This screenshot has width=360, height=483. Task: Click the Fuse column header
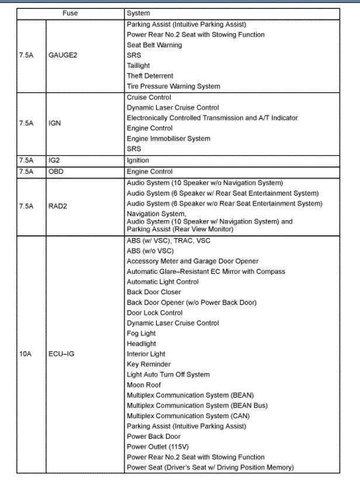pos(70,13)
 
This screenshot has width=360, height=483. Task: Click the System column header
pos(139,13)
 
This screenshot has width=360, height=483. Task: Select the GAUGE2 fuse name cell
pos(63,55)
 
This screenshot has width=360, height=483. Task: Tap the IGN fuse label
pos(56,123)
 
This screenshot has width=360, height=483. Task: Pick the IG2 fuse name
pos(54,159)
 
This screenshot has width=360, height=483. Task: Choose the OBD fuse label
pos(56,171)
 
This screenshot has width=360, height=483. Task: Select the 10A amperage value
pos(25,354)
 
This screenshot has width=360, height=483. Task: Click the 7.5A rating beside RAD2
pos(26,206)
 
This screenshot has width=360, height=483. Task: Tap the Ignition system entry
pos(138,160)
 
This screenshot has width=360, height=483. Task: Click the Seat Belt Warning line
pos(154,45)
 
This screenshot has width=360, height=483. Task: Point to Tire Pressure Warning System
pos(174,86)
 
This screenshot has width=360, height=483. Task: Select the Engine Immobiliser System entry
pos(168,138)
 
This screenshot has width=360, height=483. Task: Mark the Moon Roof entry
pos(144,385)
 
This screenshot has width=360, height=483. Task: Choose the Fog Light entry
pos(141,333)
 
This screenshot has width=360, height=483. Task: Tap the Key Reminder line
pos(149,364)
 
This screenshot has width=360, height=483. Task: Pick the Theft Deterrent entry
pos(150,76)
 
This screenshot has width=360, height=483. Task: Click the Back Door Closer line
pos(154,292)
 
